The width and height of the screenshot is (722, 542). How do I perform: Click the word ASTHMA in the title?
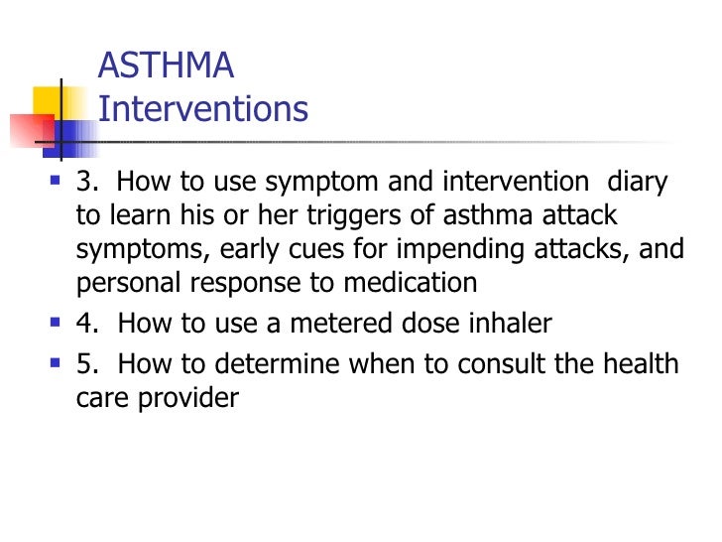point(167,67)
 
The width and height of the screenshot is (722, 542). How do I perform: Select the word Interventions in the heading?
point(203,108)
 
